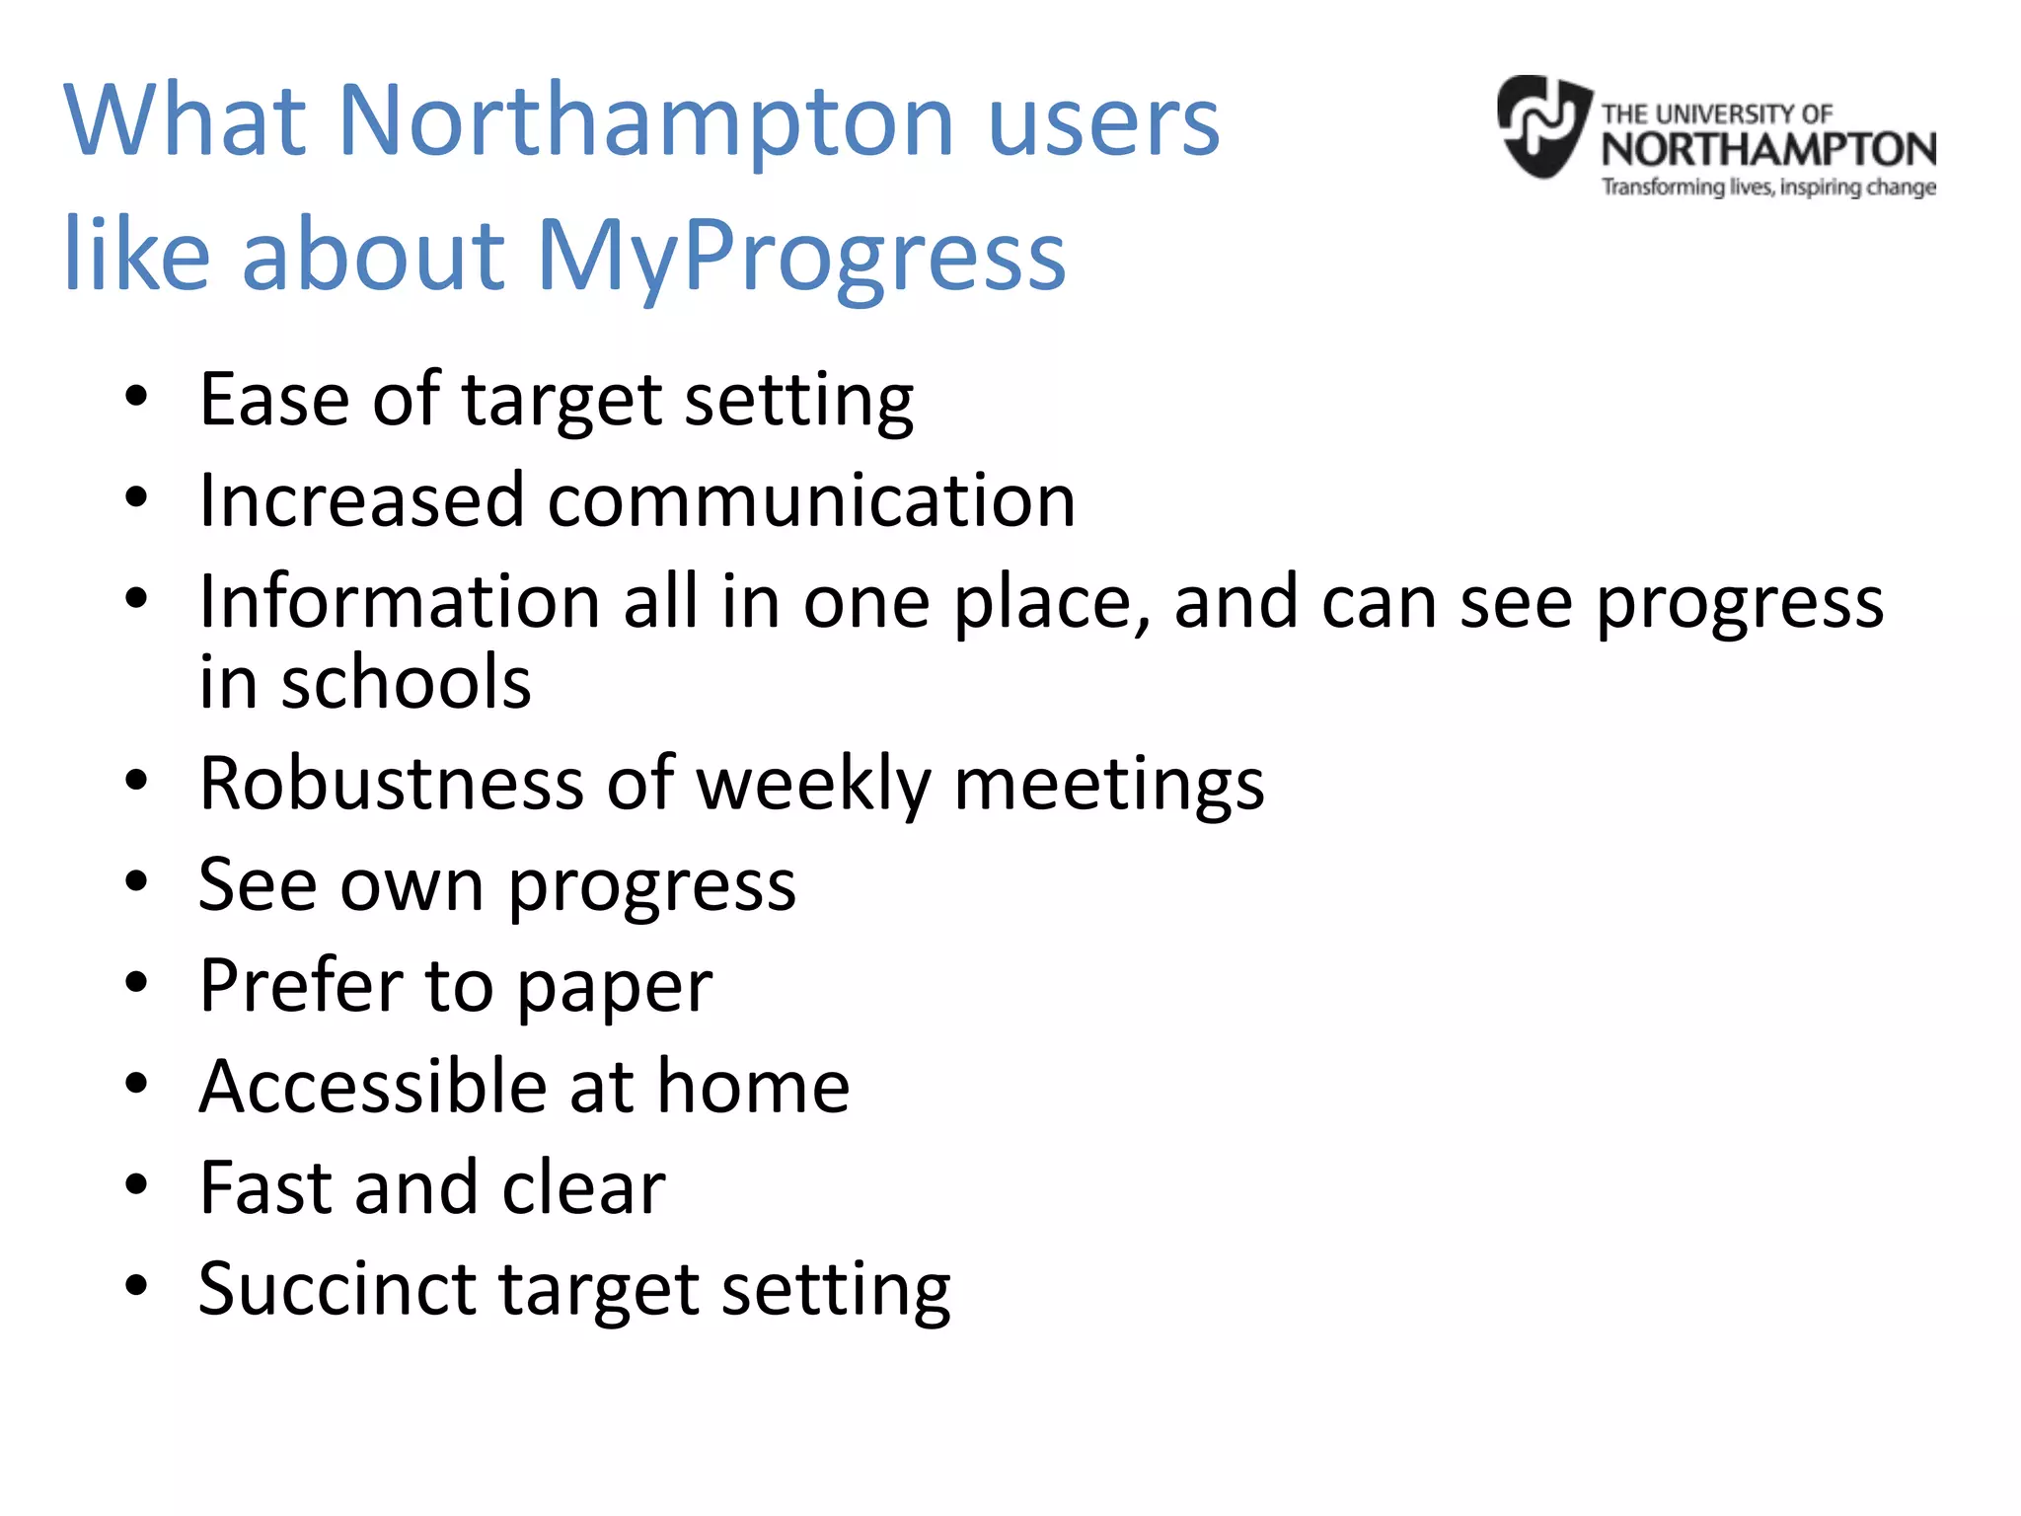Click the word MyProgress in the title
(x=800, y=255)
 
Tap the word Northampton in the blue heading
(x=646, y=120)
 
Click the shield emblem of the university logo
(x=1543, y=126)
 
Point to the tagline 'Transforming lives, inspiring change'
(x=1768, y=187)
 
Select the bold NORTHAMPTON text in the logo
(x=1768, y=150)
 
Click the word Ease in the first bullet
(x=274, y=400)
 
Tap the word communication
(x=811, y=500)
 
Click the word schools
(x=406, y=683)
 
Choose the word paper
(x=614, y=987)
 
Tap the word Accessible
(x=372, y=1086)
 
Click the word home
(x=753, y=1086)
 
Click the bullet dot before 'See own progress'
(x=136, y=881)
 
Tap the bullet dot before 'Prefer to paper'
(x=136, y=982)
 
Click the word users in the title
(x=1103, y=120)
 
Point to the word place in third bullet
(x=1051, y=603)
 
